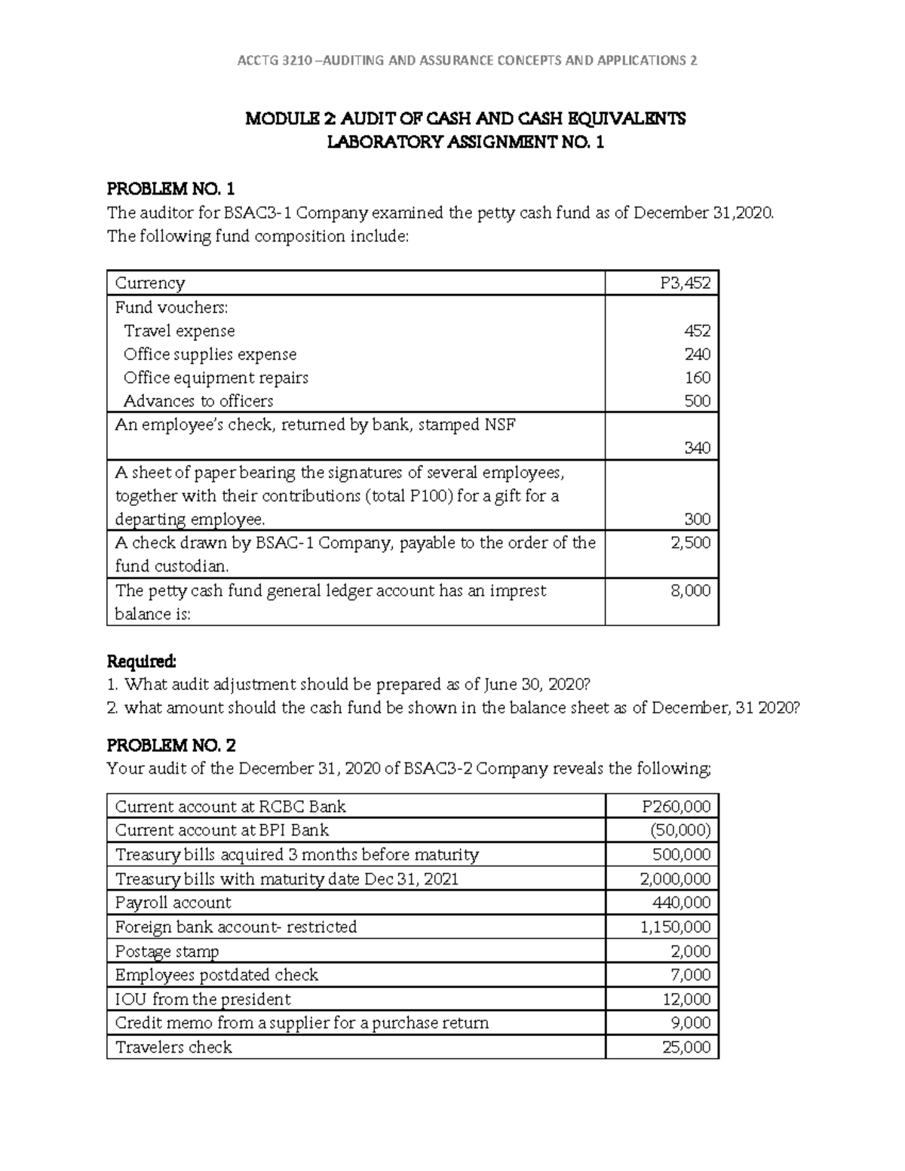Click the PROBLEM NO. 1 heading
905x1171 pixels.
coord(170,189)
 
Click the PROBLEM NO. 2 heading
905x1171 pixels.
coord(171,745)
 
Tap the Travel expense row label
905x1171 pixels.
coord(179,331)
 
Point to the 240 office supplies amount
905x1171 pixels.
coord(697,354)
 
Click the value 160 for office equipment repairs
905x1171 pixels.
coord(697,378)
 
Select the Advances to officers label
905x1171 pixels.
coord(198,401)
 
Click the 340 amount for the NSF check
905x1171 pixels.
coord(697,448)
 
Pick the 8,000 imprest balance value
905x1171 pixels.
coord(690,590)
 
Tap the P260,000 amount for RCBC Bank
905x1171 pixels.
coord(676,807)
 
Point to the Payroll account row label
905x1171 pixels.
coord(173,903)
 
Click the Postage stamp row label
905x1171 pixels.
coord(167,951)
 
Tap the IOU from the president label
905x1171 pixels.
coord(202,999)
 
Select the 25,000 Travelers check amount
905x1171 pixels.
coord(686,1047)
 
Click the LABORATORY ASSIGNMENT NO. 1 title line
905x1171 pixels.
coord(465,142)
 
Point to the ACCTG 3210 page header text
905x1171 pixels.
coord(467,60)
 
